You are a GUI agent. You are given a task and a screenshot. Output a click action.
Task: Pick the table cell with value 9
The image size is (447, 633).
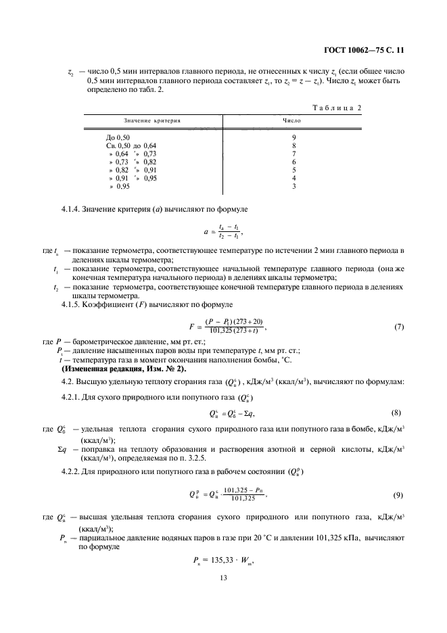294,137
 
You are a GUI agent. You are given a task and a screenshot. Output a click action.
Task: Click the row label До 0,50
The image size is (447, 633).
110,137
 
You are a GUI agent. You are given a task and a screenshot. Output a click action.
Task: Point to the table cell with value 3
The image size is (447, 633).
294,186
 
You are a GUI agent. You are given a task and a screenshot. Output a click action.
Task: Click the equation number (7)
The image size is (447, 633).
398,327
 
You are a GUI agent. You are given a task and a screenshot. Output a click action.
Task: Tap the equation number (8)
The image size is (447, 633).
398,413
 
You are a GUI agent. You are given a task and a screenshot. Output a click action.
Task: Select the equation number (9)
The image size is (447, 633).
398,494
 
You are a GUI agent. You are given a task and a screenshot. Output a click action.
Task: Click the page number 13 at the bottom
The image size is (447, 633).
223,578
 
